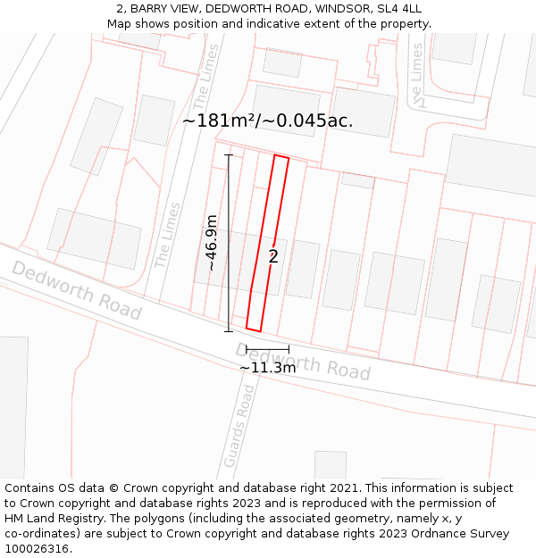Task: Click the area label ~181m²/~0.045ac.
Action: point(267,121)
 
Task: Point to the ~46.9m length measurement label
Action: point(212,242)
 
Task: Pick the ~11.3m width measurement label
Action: point(267,367)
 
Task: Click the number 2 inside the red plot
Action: point(273,257)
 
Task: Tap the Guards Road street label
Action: point(239,425)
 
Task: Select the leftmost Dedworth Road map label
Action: point(77,290)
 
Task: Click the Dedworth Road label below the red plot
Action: point(304,361)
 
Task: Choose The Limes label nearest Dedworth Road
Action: point(167,235)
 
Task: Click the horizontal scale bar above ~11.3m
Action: point(267,348)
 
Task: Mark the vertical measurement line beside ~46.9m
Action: point(228,243)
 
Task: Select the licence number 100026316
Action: point(37,549)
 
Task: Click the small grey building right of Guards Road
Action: point(330,464)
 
